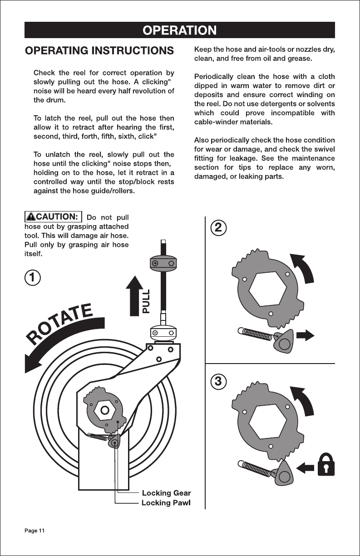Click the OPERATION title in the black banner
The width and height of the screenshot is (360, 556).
tap(179, 30)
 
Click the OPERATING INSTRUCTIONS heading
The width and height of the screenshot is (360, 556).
tap(99, 51)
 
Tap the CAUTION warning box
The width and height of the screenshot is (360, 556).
tap(54, 216)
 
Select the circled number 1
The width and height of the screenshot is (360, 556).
tap(33, 277)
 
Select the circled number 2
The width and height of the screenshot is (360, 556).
tap(218, 227)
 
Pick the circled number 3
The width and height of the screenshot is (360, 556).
tap(218, 381)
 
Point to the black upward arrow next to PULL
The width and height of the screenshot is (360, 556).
tap(134, 296)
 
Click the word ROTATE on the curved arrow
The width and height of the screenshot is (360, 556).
tap(59, 324)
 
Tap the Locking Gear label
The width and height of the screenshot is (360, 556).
tap(166, 493)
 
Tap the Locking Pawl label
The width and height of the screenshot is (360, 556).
tap(166, 502)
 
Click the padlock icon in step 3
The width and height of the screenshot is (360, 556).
tap(326, 465)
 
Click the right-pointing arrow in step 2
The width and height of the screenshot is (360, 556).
tap(306, 336)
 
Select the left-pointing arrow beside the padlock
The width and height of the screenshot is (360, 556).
tap(306, 468)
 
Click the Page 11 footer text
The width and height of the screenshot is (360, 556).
tap(35, 531)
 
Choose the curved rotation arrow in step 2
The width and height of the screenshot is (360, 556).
tap(304, 269)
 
